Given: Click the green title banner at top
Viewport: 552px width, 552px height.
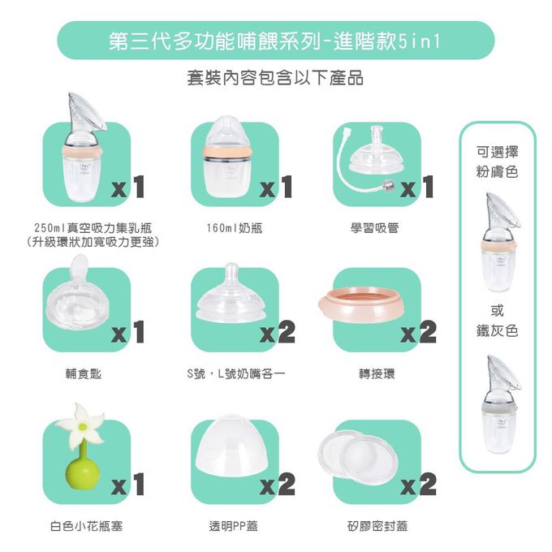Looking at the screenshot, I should coord(275,41).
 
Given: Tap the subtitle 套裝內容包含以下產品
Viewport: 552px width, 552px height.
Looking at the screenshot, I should coord(275,79).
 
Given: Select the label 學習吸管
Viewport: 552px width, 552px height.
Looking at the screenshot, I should coord(374,229).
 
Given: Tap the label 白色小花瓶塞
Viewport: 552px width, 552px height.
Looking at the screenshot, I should coord(86,526).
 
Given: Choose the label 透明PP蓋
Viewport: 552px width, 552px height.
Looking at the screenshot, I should coord(233,526).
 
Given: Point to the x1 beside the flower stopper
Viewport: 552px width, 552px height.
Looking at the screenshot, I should coord(127,485).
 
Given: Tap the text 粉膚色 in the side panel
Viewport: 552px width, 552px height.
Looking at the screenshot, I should coord(498,172).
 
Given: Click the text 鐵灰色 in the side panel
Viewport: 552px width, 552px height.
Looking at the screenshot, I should coord(498,330).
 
